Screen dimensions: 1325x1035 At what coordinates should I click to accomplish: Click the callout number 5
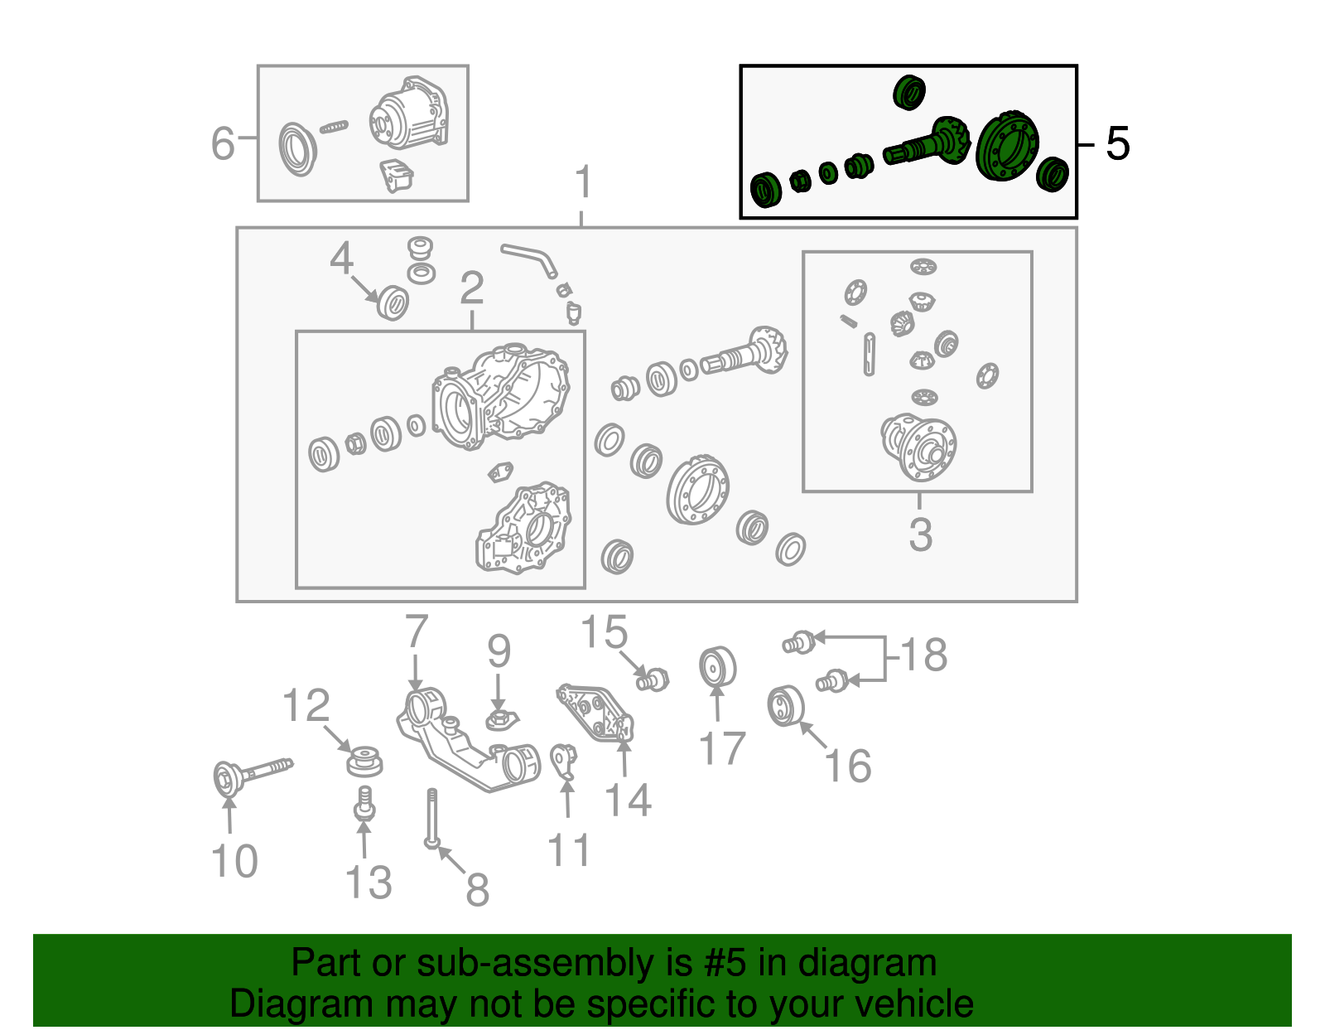pyautogui.click(x=1117, y=144)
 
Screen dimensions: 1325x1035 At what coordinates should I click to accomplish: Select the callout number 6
pyautogui.click(x=223, y=143)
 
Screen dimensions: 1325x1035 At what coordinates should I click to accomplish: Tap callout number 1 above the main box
pyautogui.click(x=583, y=181)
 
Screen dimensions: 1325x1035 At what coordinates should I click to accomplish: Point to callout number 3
pyautogui.click(x=920, y=534)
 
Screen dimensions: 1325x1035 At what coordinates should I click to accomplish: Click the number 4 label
pyautogui.click(x=341, y=258)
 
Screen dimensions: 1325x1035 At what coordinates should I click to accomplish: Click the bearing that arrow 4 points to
pyautogui.click(x=393, y=302)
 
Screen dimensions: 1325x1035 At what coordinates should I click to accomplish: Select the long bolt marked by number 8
pyautogui.click(x=431, y=819)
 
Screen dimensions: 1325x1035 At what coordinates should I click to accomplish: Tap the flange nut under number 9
pyautogui.click(x=501, y=719)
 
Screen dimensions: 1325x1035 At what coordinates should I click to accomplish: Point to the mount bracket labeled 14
pyautogui.click(x=595, y=713)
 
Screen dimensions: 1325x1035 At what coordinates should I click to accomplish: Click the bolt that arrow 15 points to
pyautogui.click(x=653, y=680)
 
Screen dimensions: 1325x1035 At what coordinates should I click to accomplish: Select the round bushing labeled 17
pyautogui.click(x=718, y=666)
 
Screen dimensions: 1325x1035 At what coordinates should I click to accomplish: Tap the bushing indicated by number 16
pyautogui.click(x=785, y=706)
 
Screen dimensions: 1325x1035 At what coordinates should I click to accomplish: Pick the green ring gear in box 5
pyautogui.click(x=1007, y=147)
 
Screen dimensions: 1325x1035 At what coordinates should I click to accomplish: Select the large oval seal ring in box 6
pyautogui.click(x=297, y=149)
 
